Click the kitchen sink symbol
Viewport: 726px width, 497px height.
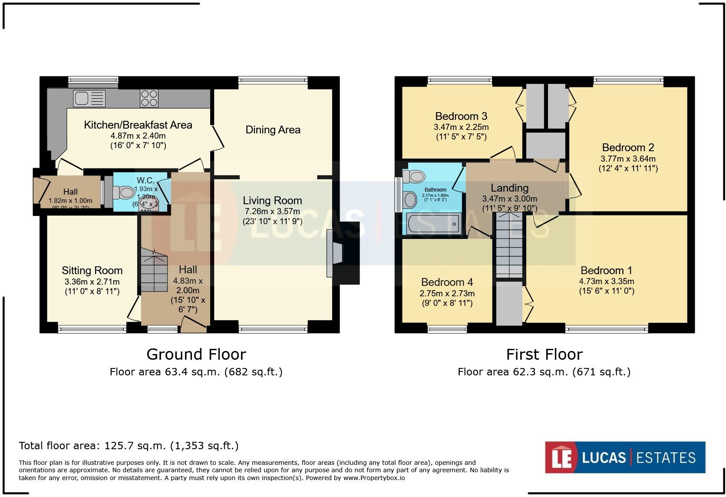pyautogui.click(x=89, y=99)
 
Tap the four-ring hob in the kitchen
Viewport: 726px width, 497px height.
pyautogui.click(x=149, y=98)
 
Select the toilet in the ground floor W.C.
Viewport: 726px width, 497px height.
pyautogui.click(x=124, y=192)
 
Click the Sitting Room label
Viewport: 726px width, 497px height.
pyautogui.click(x=92, y=271)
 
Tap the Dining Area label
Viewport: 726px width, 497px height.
pyautogui.click(x=273, y=130)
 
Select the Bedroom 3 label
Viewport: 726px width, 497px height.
pyautogui.click(x=461, y=116)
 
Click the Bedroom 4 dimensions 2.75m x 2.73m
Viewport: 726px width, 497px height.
pyautogui.click(x=447, y=294)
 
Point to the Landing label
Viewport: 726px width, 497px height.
pyautogui.click(x=509, y=188)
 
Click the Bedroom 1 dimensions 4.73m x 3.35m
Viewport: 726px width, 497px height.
pyautogui.click(x=606, y=282)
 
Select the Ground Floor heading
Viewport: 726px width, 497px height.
pyautogui.click(x=196, y=355)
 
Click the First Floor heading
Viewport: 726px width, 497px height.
pyautogui.click(x=544, y=355)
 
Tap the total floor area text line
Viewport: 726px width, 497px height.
pyautogui.click(x=129, y=446)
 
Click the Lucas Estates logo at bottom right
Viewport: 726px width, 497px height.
pyautogui.click(x=625, y=457)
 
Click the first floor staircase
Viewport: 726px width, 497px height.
pyautogui.click(x=509, y=248)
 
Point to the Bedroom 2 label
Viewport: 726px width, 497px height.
pyautogui.click(x=628, y=148)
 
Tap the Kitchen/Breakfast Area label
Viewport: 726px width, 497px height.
pyautogui.click(x=138, y=125)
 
